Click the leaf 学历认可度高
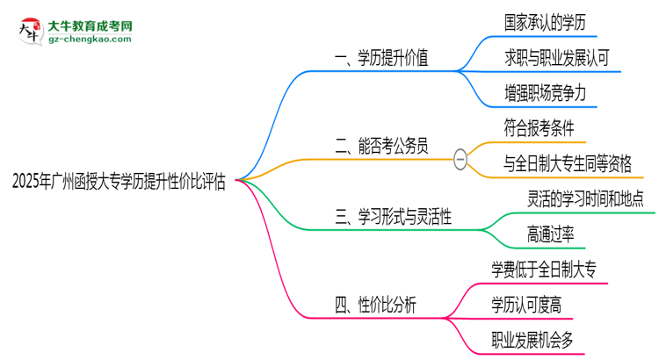[533, 303]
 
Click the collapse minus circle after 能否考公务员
[460, 158]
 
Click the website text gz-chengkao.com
[90, 40]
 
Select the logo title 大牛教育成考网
[90, 25]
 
